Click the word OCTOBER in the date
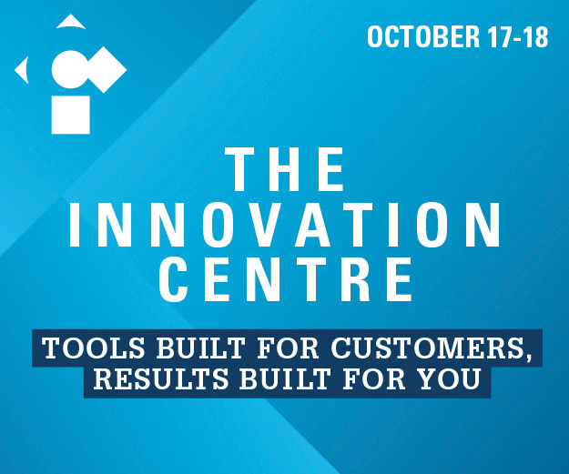click(x=423, y=36)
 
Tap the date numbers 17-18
click(x=518, y=36)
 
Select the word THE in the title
click(x=284, y=169)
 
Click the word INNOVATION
click(x=284, y=225)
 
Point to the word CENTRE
click(x=286, y=279)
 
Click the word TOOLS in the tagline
click(x=94, y=348)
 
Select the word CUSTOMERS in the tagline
click(x=432, y=348)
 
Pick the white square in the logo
click(x=71, y=115)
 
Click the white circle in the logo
click(x=70, y=69)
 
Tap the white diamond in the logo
click(x=105, y=70)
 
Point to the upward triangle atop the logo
click(x=71, y=23)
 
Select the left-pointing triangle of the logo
click(x=23, y=70)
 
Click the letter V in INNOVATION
click(x=269, y=225)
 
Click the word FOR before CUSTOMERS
click(x=288, y=348)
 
